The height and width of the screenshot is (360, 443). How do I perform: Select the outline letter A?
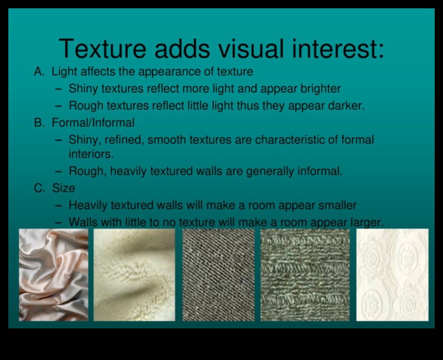pyautogui.click(x=39, y=72)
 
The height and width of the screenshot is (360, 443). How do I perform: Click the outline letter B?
pyautogui.click(x=39, y=123)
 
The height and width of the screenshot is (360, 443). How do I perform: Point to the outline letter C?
pyautogui.click(x=39, y=188)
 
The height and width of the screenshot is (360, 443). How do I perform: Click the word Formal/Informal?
pyautogui.click(x=93, y=123)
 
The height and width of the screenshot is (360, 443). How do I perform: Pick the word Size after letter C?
pyautogui.click(x=64, y=188)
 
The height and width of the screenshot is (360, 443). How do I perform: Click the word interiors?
pyautogui.click(x=91, y=154)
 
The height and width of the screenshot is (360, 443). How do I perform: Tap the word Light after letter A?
pyautogui.click(x=64, y=72)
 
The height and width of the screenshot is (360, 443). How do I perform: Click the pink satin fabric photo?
pyautogui.click(x=53, y=275)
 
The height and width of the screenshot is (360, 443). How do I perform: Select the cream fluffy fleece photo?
pyautogui.click(x=134, y=275)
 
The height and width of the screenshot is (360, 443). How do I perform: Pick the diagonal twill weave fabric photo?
pyautogui.click(x=218, y=275)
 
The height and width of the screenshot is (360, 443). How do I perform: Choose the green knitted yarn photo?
pyautogui.click(x=305, y=275)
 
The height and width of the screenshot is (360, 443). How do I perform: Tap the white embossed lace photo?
pyautogui.click(x=392, y=275)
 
